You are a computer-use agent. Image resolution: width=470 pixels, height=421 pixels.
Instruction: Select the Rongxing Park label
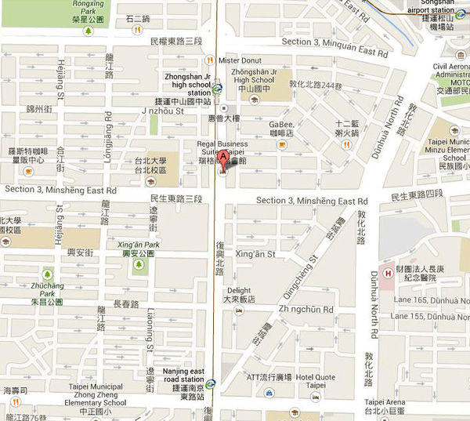coord(86,9)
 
